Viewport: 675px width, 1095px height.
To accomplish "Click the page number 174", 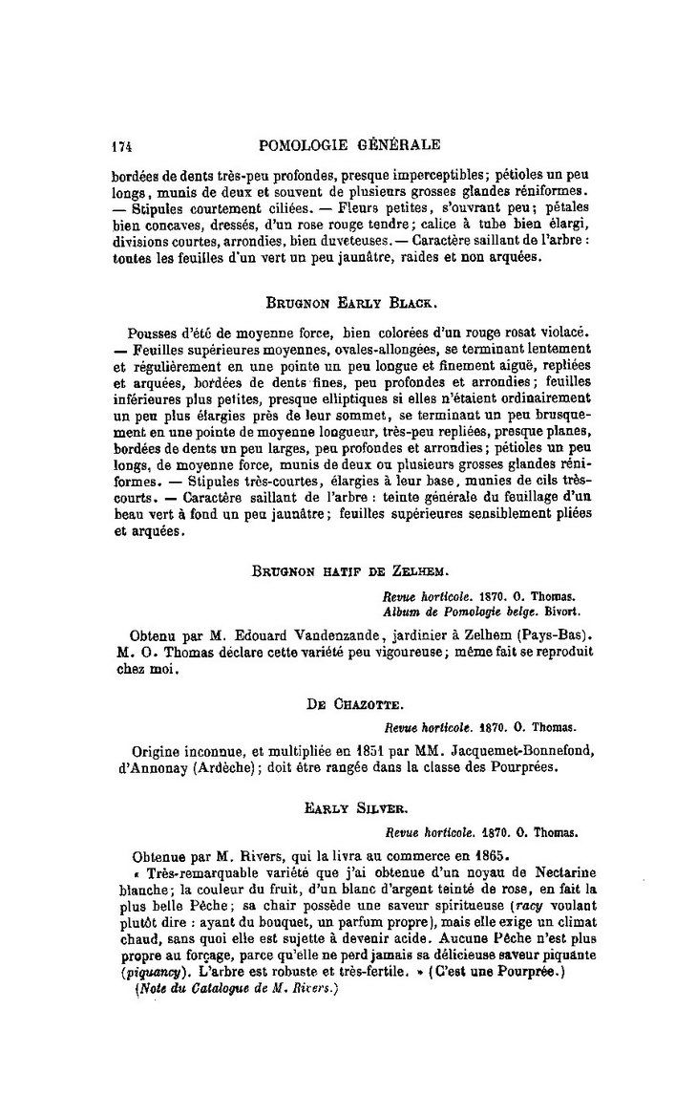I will coord(119,147).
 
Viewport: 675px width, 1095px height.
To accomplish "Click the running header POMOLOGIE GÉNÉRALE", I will coord(349,146).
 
